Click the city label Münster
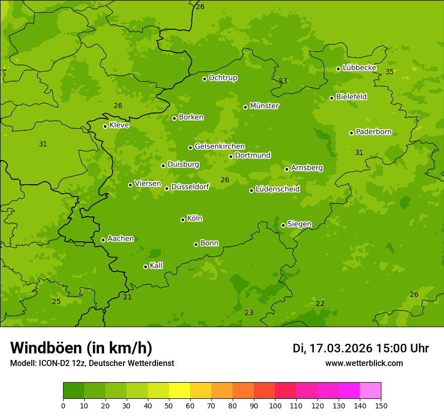point(264,106)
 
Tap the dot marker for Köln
point(183,220)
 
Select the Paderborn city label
point(373,132)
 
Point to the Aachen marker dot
point(103,240)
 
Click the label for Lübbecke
point(359,68)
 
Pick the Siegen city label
point(299,224)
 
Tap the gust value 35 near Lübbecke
point(390,72)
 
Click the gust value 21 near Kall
point(128,297)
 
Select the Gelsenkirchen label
point(219,146)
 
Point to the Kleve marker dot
point(105,126)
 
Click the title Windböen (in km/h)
point(81,348)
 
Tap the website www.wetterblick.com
point(364,363)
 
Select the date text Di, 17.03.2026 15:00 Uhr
point(361,348)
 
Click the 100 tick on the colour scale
point(275,405)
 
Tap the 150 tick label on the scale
point(381,405)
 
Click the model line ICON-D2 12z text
point(92,363)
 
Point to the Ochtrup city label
point(223,78)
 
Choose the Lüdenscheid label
point(277,189)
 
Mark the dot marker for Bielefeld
point(331,98)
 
